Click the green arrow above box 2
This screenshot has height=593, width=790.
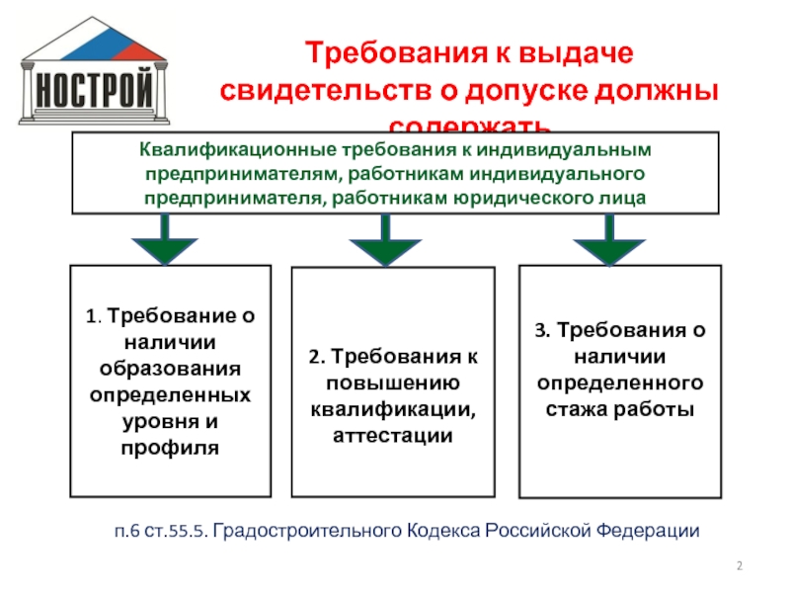pyautogui.click(x=384, y=242)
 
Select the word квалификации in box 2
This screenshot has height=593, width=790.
pyautogui.click(x=391, y=408)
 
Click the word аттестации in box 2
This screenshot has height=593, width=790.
pyautogui.click(x=391, y=435)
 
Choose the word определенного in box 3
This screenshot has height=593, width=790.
pyautogui.click(x=620, y=381)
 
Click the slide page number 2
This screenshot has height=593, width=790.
pyautogui.click(x=740, y=565)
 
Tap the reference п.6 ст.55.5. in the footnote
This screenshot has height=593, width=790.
pyautogui.click(x=159, y=531)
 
